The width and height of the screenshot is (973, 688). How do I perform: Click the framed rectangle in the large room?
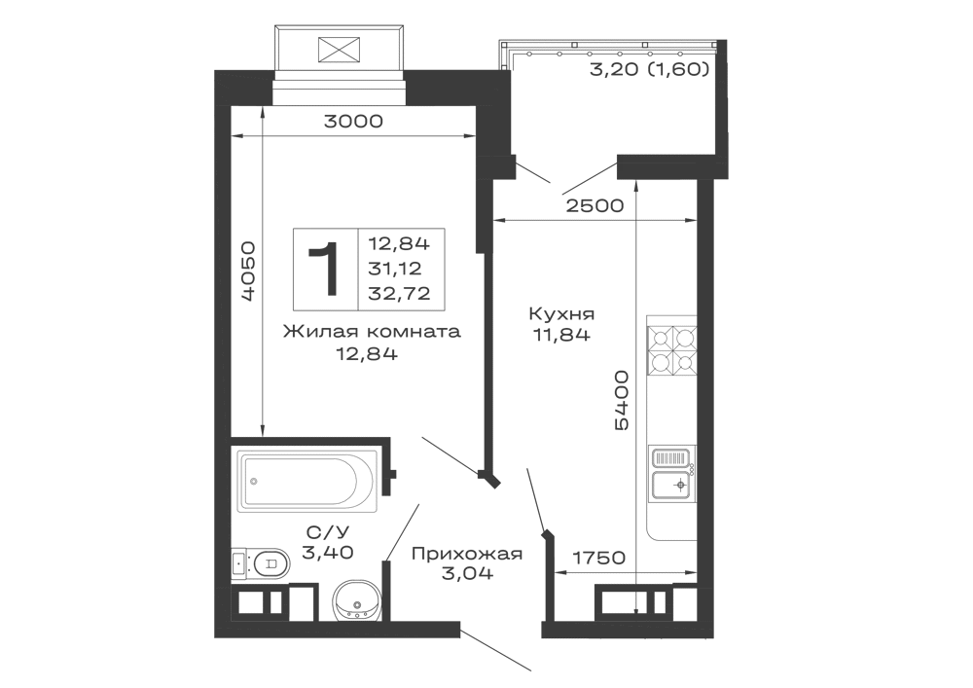coord(370,268)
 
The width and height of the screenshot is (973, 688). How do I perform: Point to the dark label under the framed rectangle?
coord(372,341)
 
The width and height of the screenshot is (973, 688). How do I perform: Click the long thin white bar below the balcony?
coord(342,97)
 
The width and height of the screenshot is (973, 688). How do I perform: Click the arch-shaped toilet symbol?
coord(357,597)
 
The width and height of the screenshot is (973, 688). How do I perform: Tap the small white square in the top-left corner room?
coord(245,120)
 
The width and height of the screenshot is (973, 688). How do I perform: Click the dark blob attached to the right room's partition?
coord(621,399)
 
